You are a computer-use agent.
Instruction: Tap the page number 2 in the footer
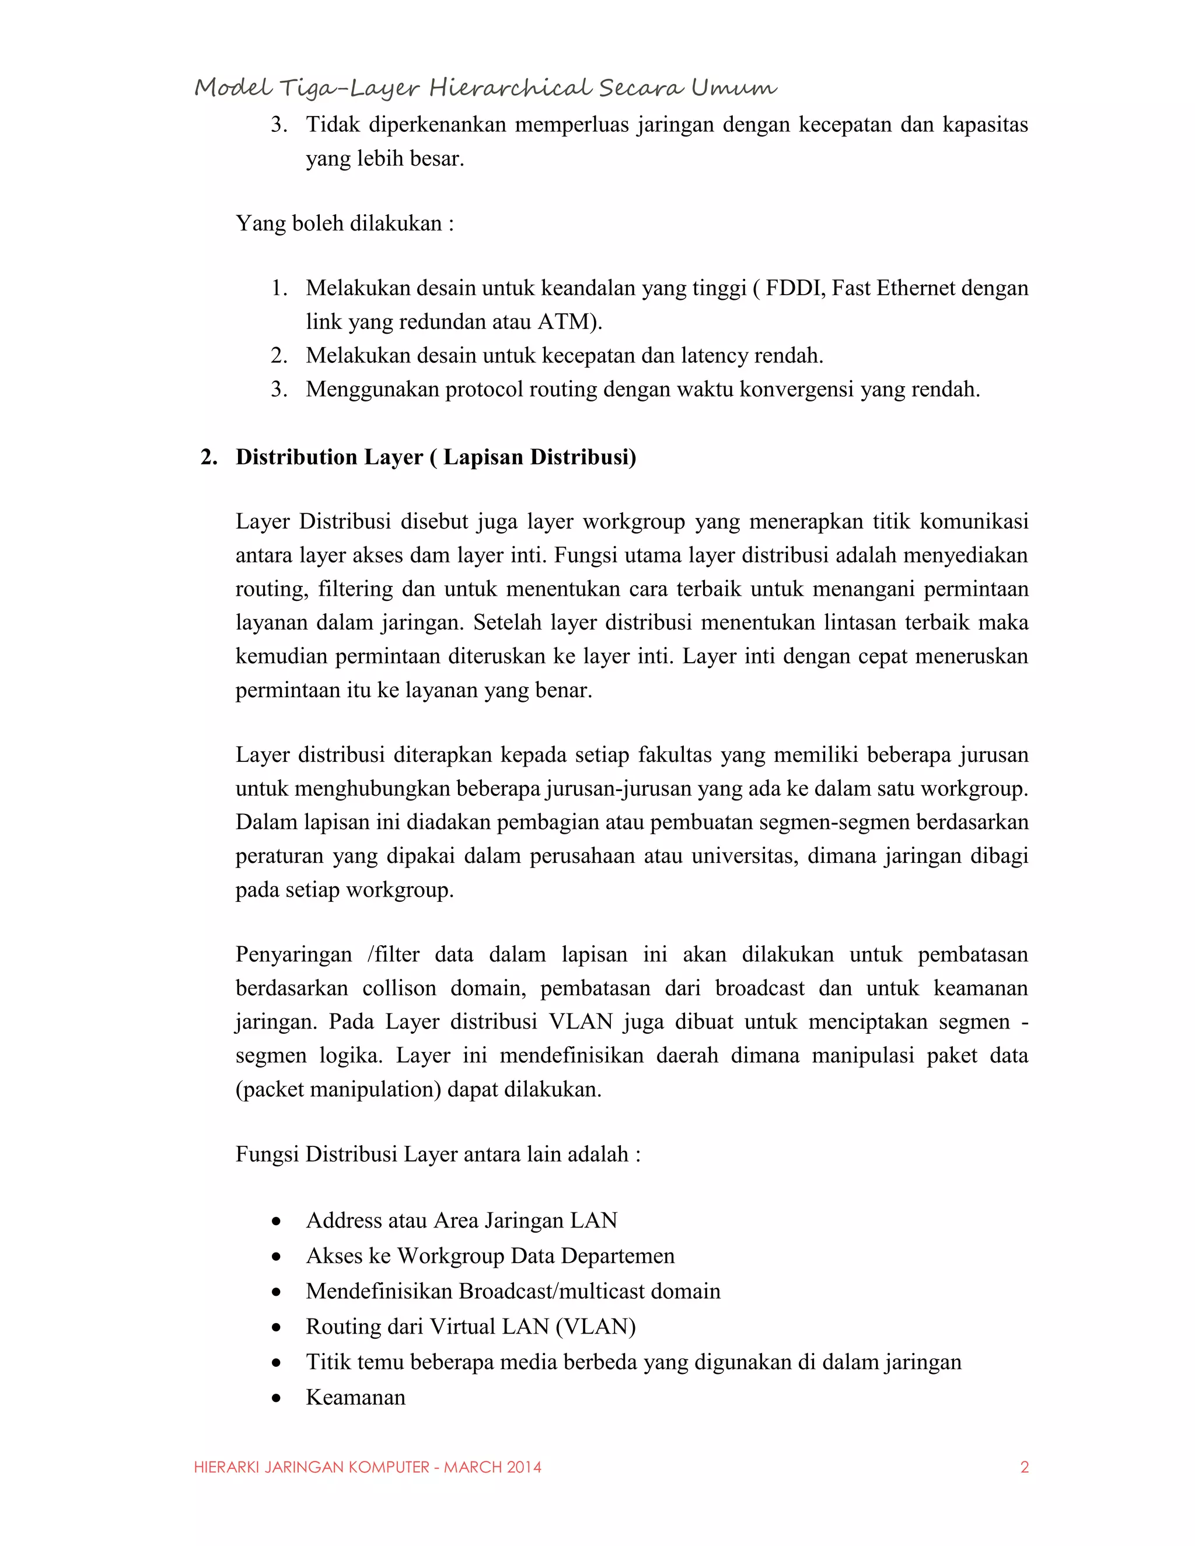tap(1023, 1467)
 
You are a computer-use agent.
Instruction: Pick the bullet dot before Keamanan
tap(276, 1398)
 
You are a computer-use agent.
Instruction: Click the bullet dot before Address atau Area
tap(276, 1221)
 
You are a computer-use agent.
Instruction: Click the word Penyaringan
tap(293, 955)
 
